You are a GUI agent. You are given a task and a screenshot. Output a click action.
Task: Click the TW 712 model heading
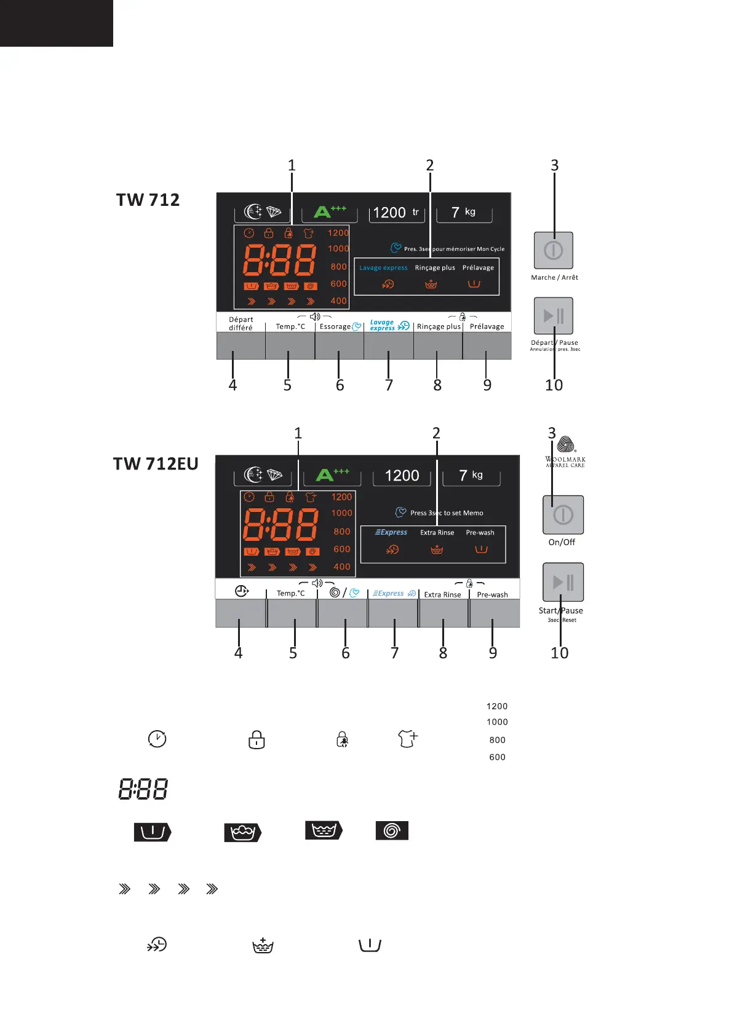[148, 200]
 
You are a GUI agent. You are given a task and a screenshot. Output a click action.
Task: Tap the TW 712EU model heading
[156, 464]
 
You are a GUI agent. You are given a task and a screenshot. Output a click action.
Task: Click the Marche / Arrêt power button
[554, 250]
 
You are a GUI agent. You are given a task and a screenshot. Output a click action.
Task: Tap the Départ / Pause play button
[554, 316]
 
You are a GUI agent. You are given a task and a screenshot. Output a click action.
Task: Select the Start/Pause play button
[563, 582]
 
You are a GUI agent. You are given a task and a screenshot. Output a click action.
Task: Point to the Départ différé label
[241, 323]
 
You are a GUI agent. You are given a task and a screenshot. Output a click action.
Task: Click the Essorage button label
[335, 326]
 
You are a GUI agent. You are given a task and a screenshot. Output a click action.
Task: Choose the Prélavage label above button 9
[487, 326]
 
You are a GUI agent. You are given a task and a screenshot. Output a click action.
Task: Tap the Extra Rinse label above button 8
[442, 594]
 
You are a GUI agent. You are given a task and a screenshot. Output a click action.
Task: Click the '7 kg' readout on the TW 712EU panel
[471, 475]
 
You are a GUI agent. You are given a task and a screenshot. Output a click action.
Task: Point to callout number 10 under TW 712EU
[559, 653]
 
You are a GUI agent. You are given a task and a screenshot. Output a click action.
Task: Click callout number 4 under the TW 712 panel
[233, 385]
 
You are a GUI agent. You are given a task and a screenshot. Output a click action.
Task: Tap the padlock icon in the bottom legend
[257, 739]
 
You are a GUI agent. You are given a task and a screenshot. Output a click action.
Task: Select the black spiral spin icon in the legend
[392, 831]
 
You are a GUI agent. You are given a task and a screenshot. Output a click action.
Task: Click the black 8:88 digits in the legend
[143, 789]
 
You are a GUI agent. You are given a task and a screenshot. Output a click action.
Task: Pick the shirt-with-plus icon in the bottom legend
[408, 738]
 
